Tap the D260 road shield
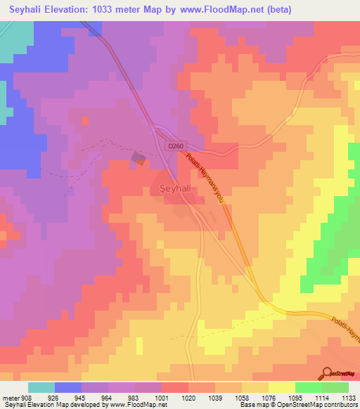point(176,146)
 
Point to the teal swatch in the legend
point(41,387)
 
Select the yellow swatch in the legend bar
point(281,387)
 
